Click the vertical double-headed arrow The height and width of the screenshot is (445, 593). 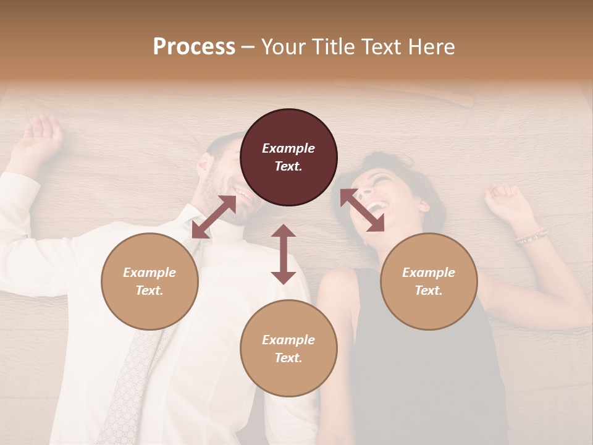click(x=284, y=254)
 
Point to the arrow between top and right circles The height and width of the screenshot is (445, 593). click(x=362, y=210)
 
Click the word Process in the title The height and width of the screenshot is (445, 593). click(x=194, y=46)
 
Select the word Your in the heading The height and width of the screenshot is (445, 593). click(x=282, y=46)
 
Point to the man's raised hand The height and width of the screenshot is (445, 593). click(x=42, y=136)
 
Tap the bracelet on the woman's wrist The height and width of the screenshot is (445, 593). click(x=532, y=235)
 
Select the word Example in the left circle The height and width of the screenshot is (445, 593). click(x=149, y=273)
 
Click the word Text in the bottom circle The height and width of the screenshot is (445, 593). click(x=288, y=358)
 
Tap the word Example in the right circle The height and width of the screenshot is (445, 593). click(x=429, y=273)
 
